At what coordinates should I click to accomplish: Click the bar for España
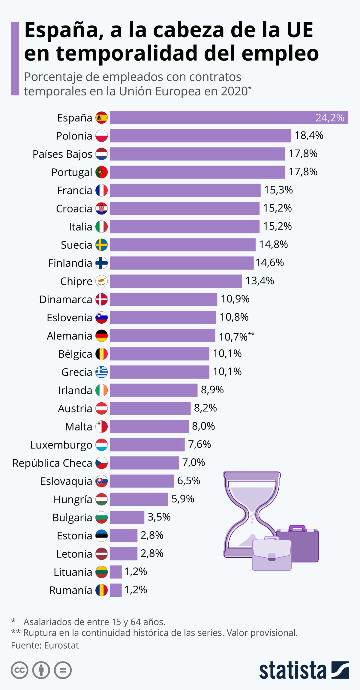point(228,118)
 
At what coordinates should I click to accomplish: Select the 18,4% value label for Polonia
point(309,136)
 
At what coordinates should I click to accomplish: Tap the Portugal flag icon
point(101,172)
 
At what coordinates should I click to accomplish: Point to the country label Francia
point(74,190)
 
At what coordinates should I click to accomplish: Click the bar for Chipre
point(175,281)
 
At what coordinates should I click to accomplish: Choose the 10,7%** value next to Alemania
point(236,337)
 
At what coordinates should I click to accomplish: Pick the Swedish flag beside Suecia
point(101,245)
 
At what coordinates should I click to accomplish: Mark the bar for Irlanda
point(153,390)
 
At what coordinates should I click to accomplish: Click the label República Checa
point(52,463)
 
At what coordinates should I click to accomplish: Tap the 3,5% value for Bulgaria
point(159,517)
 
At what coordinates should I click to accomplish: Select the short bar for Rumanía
point(115,590)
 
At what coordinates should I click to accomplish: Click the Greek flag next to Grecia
point(101,372)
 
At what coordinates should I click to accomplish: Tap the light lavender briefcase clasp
point(271,557)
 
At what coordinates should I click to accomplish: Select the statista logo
point(304,670)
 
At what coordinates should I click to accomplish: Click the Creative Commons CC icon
point(19,670)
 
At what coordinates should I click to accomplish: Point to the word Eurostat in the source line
point(61,645)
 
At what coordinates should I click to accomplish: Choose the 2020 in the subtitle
point(234,91)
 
